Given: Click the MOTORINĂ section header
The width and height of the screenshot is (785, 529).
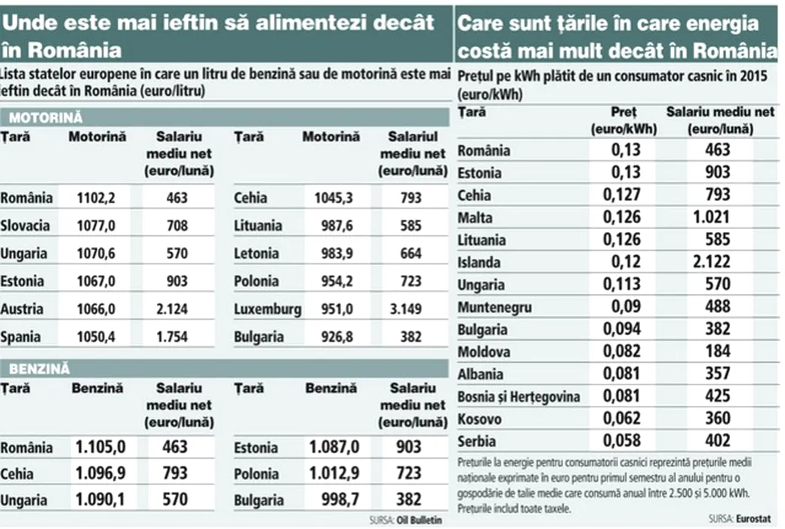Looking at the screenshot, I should [x=46, y=118].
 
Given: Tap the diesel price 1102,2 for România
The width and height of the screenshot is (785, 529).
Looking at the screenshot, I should [x=96, y=198].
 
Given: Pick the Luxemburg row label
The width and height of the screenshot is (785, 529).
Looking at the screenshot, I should [x=267, y=309].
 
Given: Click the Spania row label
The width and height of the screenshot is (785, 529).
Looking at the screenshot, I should [x=21, y=337].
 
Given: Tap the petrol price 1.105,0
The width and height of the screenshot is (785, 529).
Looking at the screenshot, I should [x=100, y=447].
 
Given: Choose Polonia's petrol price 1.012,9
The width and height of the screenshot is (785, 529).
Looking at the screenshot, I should [x=333, y=474].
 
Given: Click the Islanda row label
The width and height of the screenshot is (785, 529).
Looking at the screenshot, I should [x=479, y=263].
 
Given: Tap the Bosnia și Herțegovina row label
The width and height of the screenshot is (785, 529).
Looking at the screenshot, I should [x=519, y=397].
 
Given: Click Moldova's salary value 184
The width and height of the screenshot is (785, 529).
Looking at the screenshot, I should [x=717, y=351].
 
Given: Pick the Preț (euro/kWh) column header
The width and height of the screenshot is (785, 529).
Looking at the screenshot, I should [x=623, y=121].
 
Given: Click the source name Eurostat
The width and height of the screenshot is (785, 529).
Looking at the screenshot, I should [x=758, y=518].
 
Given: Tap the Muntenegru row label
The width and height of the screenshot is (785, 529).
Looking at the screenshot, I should [x=494, y=308].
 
